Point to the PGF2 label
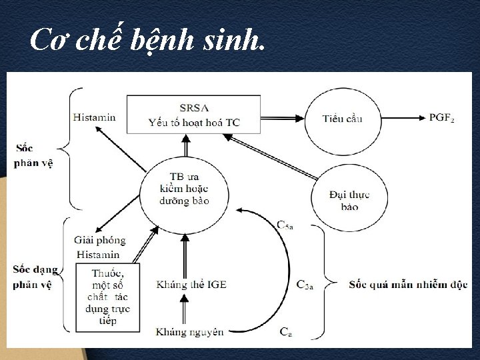(x=442, y=117)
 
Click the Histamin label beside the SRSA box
(x=94, y=117)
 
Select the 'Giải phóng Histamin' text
(x=99, y=247)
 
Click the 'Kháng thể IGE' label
(x=191, y=285)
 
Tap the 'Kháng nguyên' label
(x=190, y=331)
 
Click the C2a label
(x=305, y=285)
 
